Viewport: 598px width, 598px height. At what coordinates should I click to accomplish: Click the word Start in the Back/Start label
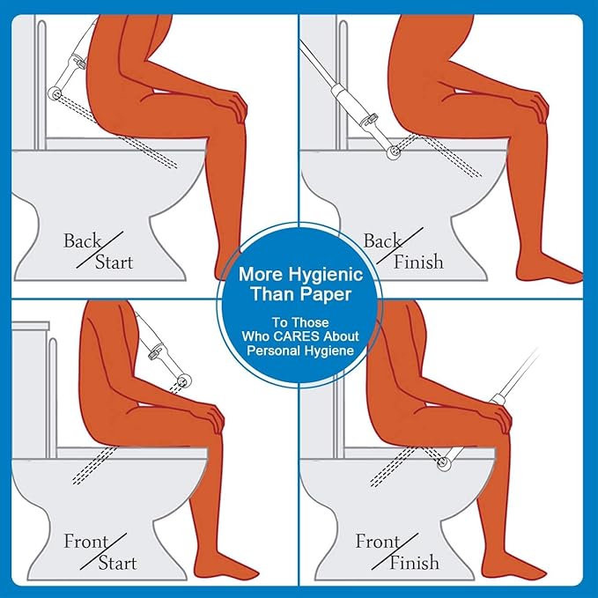[114, 262]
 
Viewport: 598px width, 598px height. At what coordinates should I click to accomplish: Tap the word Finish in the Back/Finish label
[418, 262]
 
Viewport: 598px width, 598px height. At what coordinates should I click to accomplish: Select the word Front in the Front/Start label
[86, 542]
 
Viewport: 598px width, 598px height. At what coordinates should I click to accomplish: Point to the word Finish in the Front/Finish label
[414, 563]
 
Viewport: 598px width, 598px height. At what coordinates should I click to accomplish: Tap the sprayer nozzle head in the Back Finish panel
[393, 152]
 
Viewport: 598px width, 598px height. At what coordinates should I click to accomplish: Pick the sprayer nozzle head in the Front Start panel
[185, 380]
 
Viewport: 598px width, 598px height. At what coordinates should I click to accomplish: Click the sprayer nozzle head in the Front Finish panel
[444, 462]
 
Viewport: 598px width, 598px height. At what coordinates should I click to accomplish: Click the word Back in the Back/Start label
[82, 241]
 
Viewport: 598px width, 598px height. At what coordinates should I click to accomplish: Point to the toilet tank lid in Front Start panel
[31, 325]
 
